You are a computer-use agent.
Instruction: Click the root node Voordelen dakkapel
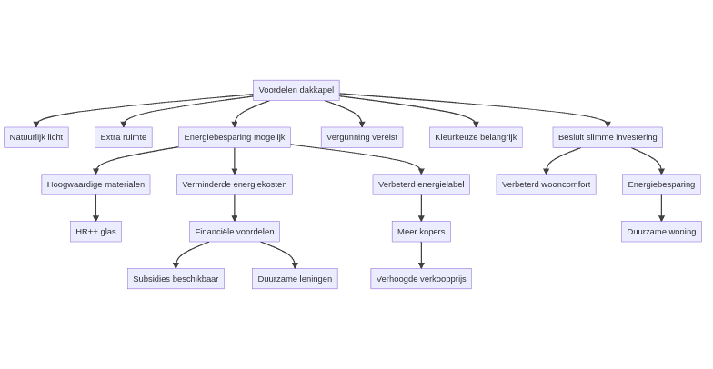click(296, 90)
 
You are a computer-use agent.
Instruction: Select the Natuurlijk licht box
click(36, 137)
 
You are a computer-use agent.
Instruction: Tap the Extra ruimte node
click(123, 137)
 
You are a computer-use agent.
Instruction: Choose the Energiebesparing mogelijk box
click(234, 137)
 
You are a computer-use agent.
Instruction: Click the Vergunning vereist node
click(361, 137)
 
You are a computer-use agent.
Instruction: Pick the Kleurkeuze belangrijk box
click(476, 137)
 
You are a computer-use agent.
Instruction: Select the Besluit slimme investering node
click(607, 137)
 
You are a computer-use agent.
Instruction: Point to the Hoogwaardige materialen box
click(95, 184)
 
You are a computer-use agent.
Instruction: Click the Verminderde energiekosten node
click(234, 184)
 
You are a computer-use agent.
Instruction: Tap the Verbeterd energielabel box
click(420, 184)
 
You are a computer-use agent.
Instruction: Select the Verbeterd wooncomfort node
click(546, 184)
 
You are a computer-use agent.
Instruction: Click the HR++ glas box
click(95, 232)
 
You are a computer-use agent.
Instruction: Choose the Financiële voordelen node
click(234, 232)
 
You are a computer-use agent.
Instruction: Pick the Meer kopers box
click(420, 232)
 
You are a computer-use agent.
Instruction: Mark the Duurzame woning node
click(661, 232)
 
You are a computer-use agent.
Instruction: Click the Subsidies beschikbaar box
click(176, 279)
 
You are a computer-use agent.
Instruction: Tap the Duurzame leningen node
click(295, 279)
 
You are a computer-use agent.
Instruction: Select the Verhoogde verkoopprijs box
click(420, 279)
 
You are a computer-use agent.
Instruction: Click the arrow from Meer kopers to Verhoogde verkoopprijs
click(420, 254)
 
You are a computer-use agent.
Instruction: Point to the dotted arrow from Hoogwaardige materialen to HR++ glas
click(95, 207)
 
